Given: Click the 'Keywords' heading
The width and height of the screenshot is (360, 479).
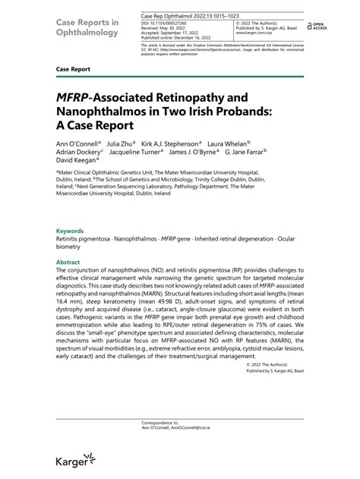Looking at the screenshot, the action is pyautogui.click(x=70, y=231).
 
